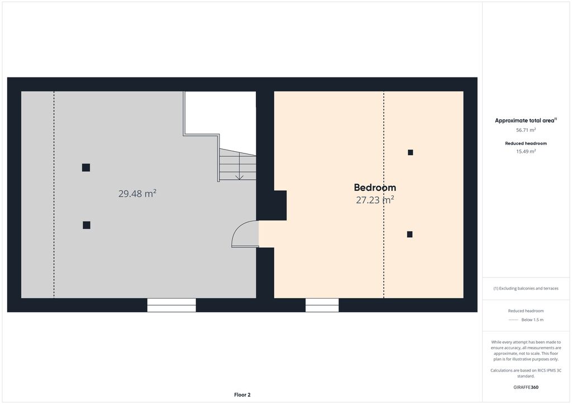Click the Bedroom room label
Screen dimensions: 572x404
(375, 187)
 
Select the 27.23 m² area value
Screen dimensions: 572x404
(375, 200)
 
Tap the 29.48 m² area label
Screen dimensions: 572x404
(137, 193)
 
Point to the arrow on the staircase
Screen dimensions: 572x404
(239, 166)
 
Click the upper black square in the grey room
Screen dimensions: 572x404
(86, 167)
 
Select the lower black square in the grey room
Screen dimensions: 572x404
(87, 225)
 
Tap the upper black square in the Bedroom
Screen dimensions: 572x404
(411, 152)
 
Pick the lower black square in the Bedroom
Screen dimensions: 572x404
(409, 234)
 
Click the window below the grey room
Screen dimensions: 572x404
(171, 305)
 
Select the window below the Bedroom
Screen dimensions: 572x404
(322, 305)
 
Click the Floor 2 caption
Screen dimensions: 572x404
(242, 395)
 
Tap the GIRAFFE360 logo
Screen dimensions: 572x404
(526, 387)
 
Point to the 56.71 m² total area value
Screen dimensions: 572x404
(526, 130)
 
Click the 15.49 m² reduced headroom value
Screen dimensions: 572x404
(526, 152)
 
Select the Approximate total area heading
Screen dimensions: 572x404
(526, 121)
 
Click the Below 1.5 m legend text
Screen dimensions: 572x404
(532, 320)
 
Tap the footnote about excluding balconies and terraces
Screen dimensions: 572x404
(526, 288)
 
